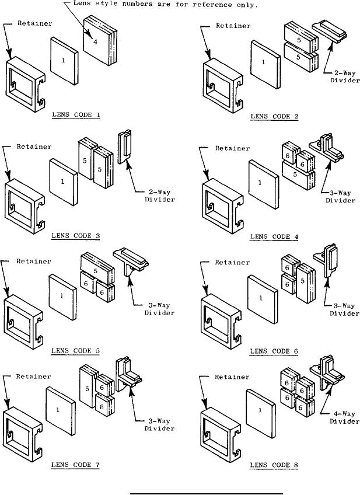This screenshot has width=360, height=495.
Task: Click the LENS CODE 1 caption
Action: click(x=76, y=115)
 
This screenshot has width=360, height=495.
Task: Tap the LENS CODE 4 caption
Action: click(x=274, y=236)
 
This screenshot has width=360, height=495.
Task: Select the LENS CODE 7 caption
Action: click(x=76, y=465)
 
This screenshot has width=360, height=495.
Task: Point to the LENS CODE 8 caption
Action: click(x=274, y=465)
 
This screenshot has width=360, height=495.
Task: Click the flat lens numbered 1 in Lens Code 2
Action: click(x=263, y=64)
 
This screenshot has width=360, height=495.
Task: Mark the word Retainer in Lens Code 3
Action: click(x=33, y=147)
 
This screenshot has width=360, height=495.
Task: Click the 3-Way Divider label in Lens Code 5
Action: click(x=159, y=309)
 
